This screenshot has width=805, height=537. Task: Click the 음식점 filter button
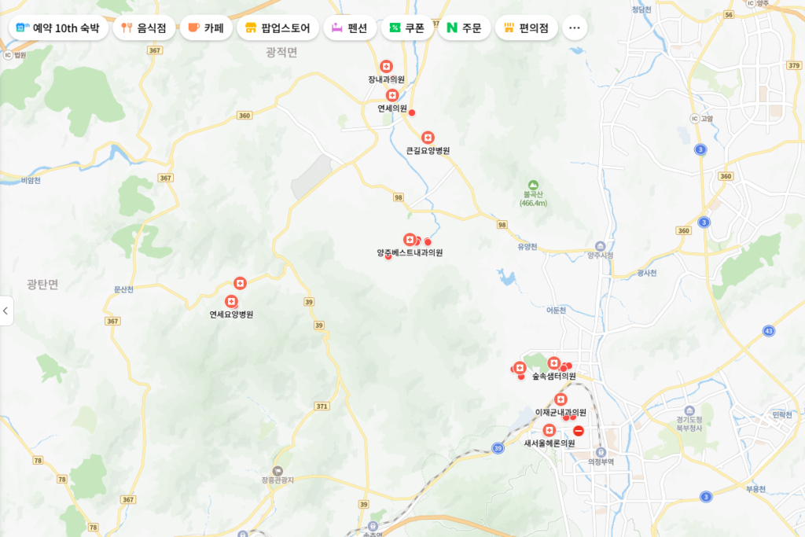(x=144, y=28)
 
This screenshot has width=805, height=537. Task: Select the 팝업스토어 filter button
(x=278, y=28)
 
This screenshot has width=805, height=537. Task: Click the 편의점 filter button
(x=526, y=28)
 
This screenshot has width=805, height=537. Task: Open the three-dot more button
(x=574, y=28)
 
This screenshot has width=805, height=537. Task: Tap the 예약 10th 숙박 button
(x=57, y=28)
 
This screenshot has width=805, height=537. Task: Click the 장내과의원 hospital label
(x=386, y=79)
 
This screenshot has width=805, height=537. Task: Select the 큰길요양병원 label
(x=428, y=150)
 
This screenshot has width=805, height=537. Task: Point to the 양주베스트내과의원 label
(x=410, y=253)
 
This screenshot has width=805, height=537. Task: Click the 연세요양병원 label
(x=231, y=314)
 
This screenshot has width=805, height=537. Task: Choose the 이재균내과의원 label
(x=561, y=413)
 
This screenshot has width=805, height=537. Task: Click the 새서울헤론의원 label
(x=550, y=443)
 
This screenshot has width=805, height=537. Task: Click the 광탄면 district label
(x=42, y=285)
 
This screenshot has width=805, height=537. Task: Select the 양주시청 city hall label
(x=601, y=255)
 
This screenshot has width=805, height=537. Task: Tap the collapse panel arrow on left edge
(x=6, y=311)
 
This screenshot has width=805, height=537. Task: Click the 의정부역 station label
(x=601, y=462)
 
